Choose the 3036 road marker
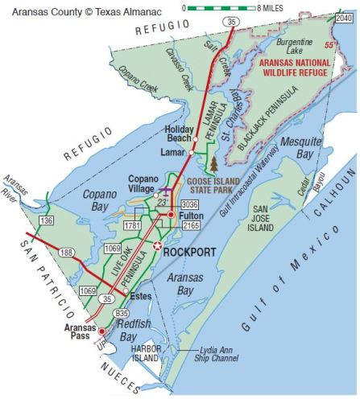[189, 204]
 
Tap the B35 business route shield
[122, 313]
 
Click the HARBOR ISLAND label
[146, 352]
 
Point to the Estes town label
[141, 296]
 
